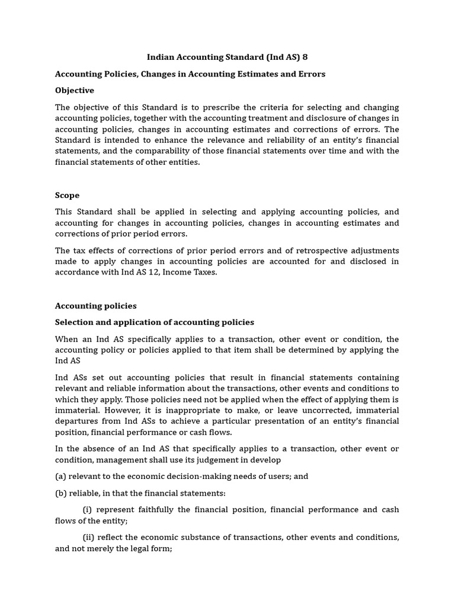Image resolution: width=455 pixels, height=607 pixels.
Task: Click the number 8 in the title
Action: [x=305, y=57]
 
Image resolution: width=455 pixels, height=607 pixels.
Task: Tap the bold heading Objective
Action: [x=75, y=91]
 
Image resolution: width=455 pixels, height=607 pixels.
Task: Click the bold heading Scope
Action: [x=67, y=195]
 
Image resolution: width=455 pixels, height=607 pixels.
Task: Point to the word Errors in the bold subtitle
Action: [x=312, y=74]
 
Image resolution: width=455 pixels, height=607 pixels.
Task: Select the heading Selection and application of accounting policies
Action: [x=155, y=322]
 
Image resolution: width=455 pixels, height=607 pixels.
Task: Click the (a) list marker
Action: [x=61, y=477]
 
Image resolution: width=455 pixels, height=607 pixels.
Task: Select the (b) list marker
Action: [x=61, y=493]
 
